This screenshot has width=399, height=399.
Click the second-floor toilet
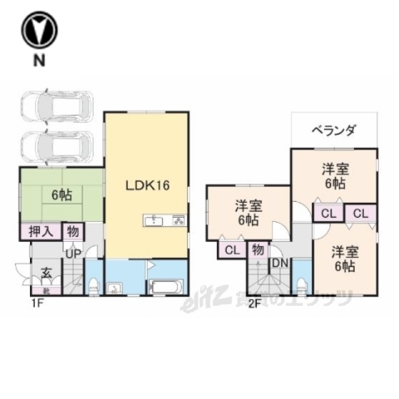pyautogui.click(x=302, y=286)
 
